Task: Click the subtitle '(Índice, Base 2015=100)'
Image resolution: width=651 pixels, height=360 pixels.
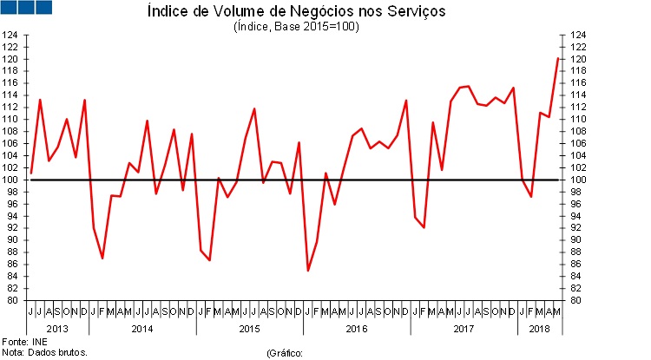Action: pyautogui.click(x=296, y=26)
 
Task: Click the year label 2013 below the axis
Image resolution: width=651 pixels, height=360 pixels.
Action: pyautogui.click(x=57, y=329)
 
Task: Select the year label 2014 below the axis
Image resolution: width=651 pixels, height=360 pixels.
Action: pyautogui.click(x=142, y=329)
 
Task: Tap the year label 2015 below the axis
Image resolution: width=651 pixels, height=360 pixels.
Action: pyautogui.click(x=250, y=329)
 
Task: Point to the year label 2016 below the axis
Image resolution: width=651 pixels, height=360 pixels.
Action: pyautogui.click(x=357, y=329)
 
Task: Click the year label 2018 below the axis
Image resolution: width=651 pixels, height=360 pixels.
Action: pyautogui.click(x=540, y=329)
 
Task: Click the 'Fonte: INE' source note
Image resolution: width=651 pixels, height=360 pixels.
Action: pyautogui.click(x=24, y=342)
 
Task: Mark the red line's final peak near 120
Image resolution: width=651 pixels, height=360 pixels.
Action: pyautogui.click(x=557, y=58)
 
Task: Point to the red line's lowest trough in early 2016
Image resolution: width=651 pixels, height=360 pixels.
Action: pyautogui.click(x=308, y=271)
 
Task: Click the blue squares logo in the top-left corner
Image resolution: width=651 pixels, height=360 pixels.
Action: pyautogui.click(x=27, y=7)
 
